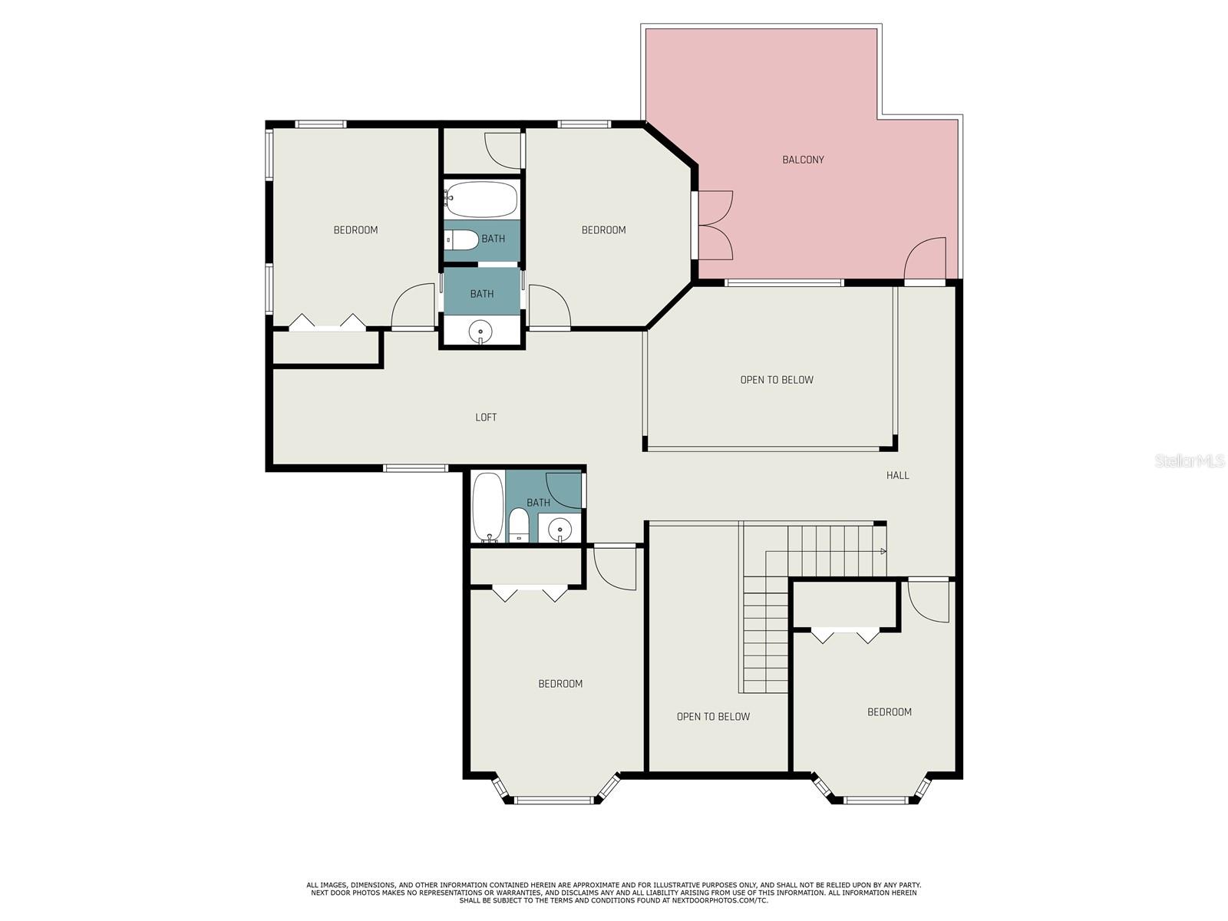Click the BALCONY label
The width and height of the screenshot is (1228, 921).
tap(803, 160)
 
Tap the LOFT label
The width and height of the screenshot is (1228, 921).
tap(486, 418)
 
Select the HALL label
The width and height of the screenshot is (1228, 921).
tap(897, 475)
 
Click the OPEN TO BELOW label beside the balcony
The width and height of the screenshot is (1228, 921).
tap(777, 380)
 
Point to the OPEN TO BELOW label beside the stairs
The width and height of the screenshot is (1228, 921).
tap(713, 717)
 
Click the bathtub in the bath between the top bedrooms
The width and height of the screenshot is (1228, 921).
tap(481, 199)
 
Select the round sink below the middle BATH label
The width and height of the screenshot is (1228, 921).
tap(480, 331)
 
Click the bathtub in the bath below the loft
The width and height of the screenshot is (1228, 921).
tap(488, 507)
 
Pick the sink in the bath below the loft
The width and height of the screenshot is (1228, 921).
tap(560, 529)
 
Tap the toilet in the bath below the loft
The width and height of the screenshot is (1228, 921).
tap(519, 526)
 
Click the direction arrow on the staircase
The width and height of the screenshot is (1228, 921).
tap(883, 551)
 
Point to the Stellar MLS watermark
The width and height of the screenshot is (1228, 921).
tap(1190, 460)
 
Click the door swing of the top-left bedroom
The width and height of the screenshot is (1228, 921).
tap(413, 306)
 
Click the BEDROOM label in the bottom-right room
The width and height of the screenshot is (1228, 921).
tap(889, 712)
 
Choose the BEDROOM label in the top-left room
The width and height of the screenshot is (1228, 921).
tap(355, 230)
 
